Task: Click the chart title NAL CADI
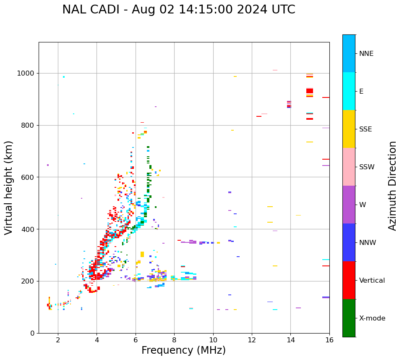pos(178,10)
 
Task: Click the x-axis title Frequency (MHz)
pos(183,350)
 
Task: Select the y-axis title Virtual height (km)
pos(9,187)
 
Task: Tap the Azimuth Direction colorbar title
pos(392,186)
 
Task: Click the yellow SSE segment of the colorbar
pos(349,129)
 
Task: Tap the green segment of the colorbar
pos(349,318)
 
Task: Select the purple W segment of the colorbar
pos(349,205)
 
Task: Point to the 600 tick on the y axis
pos(28,177)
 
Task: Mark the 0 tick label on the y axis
pos(32,333)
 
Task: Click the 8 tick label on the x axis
pos(174,340)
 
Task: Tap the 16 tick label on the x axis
pos(329,340)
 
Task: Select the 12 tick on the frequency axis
pos(252,340)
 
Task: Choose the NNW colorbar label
pos(368,243)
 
